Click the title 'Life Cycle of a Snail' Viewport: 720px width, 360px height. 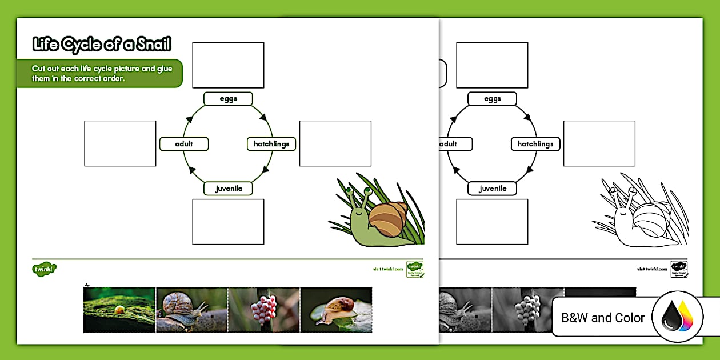point(102,45)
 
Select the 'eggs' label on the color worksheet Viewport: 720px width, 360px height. point(228,99)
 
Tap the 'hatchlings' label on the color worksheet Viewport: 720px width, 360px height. point(271,144)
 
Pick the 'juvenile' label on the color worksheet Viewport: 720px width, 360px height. point(228,188)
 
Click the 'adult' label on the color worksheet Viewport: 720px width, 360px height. point(184,144)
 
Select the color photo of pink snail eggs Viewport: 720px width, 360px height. point(263,310)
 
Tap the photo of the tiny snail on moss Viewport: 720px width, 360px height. point(119,310)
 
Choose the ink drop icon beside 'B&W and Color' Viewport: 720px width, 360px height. point(678,318)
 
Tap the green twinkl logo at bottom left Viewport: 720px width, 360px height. point(45,268)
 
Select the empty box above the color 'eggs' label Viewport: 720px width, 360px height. point(228,65)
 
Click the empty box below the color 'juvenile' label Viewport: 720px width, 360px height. point(228,222)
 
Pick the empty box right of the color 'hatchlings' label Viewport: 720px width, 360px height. point(335,143)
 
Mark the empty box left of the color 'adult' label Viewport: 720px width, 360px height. point(120,143)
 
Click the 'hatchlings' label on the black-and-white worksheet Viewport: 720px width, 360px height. point(535,144)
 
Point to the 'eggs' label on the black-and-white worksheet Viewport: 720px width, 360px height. point(492,99)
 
